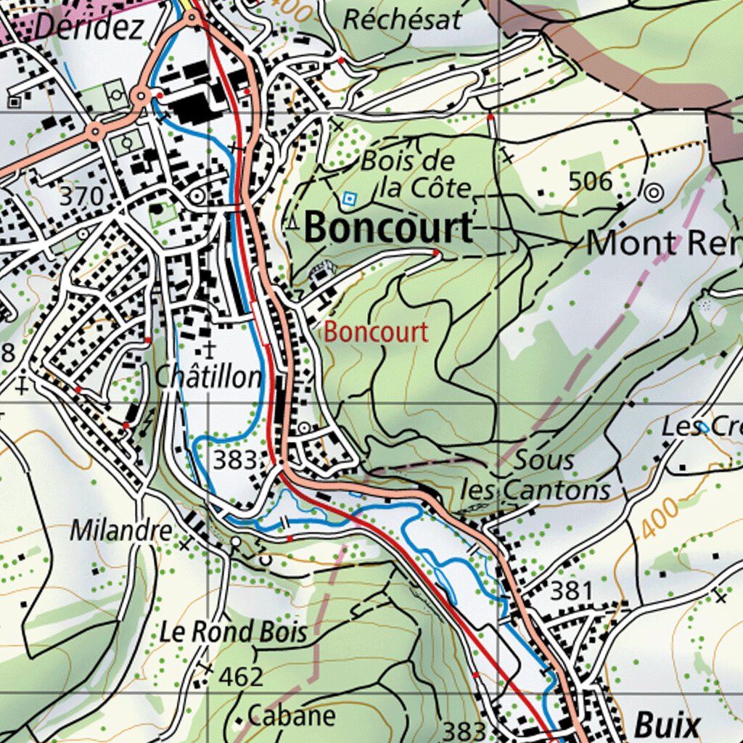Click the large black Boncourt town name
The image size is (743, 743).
tap(389, 229)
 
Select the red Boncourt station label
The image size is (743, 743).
tap(376, 333)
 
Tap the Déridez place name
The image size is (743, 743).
tap(89, 27)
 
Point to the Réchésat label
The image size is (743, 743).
tap(402, 20)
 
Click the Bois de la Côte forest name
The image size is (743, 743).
tap(416, 175)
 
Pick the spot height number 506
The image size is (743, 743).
tap(591, 181)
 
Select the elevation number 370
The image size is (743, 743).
tap(87, 196)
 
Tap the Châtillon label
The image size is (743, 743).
tap(209, 377)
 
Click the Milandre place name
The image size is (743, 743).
tap(121, 530)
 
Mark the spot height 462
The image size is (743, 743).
tap(241, 677)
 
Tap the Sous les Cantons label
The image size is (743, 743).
tap(537, 476)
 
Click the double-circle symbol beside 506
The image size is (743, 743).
tap(653, 192)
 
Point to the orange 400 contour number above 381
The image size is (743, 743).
tap(661, 517)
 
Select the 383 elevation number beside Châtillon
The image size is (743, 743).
tap(235, 459)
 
